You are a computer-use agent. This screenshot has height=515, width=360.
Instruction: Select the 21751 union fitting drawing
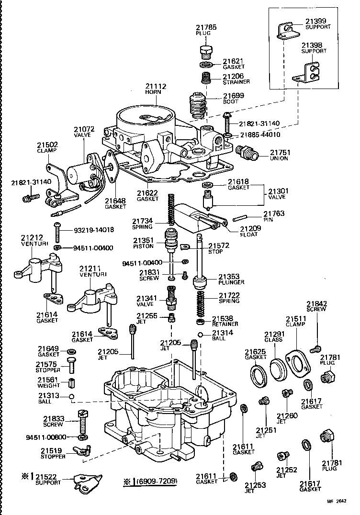click(x=247, y=154)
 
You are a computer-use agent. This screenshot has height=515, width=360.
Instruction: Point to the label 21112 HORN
click(x=156, y=87)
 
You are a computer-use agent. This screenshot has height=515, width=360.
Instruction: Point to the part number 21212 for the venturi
click(x=32, y=237)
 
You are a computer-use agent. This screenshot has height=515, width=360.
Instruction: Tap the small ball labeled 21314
click(x=202, y=334)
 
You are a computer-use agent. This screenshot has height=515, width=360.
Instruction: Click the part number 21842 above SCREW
click(x=316, y=303)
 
